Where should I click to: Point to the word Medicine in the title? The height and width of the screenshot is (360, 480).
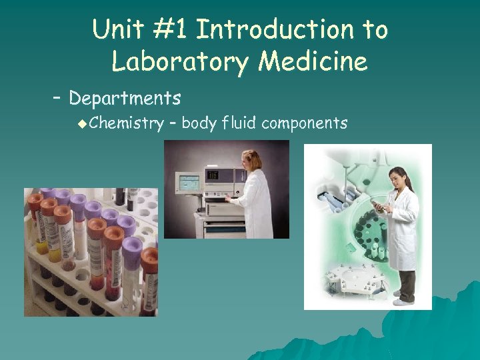pyautogui.click(x=313, y=62)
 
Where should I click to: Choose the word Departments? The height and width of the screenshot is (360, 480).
pyautogui.click(x=125, y=99)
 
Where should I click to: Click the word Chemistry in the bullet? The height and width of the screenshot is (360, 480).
pyautogui.click(x=126, y=123)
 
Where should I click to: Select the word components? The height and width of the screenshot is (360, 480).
pyautogui.click(x=305, y=123)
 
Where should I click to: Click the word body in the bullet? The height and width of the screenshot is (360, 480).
pyautogui.click(x=199, y=123)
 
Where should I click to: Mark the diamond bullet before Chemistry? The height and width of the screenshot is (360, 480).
pyautogui.click(x=81, y=123)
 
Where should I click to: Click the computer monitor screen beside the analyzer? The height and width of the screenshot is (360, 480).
pyautogui.click(x=188, y=181)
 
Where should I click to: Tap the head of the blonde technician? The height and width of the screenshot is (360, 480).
pyautogui.click(x=253, y=159)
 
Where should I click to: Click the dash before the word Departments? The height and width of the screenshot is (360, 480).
pyautogui.click(x=57, y=99)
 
